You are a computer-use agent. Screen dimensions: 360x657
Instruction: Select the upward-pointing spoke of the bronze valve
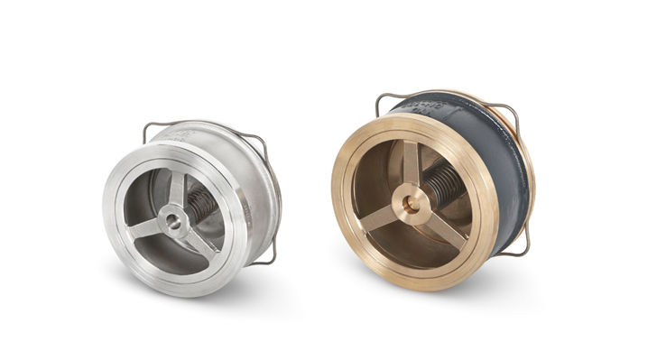(412, 168)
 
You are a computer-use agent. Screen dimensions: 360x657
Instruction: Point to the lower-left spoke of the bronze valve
(383, 217)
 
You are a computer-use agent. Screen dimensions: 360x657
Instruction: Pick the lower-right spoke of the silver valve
(194, 236)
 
